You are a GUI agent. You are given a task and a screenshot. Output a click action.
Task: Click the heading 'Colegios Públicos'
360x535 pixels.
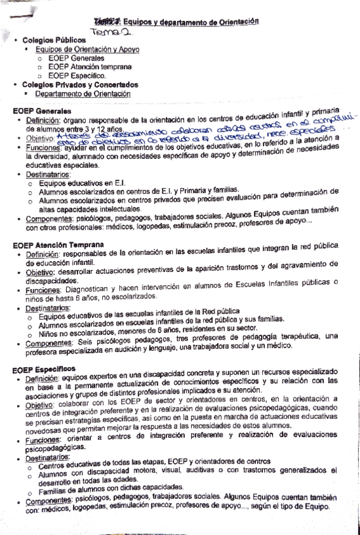pyautogui.click(x=56, y=40)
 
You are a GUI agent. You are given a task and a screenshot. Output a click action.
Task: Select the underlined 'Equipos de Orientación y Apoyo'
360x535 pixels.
pyautogui.click(x=88, y=49)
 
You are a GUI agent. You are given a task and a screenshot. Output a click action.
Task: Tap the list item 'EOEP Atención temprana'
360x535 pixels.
pyautogui.click(x=90, y=66)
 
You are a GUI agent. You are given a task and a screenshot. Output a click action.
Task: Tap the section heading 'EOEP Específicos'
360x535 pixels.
pyautogui.click(x=44, y=368)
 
